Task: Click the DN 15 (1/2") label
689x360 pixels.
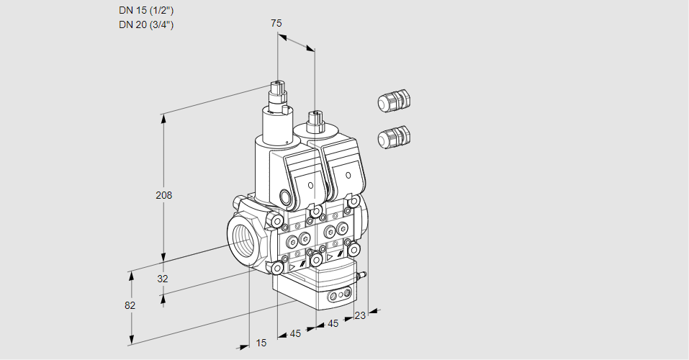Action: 146,10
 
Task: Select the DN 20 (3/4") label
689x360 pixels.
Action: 146,24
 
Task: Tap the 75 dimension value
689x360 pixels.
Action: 276,23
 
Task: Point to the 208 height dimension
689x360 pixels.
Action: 165,195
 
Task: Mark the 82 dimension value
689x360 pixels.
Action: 130,305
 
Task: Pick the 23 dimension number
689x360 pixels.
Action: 360,315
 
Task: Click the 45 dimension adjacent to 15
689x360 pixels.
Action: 295,333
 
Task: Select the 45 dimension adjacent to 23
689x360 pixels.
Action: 333,324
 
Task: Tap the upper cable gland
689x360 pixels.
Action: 393,101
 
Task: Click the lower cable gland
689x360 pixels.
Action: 393,136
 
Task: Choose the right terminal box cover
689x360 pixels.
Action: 346,171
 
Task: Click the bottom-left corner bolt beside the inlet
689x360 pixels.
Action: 277,268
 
